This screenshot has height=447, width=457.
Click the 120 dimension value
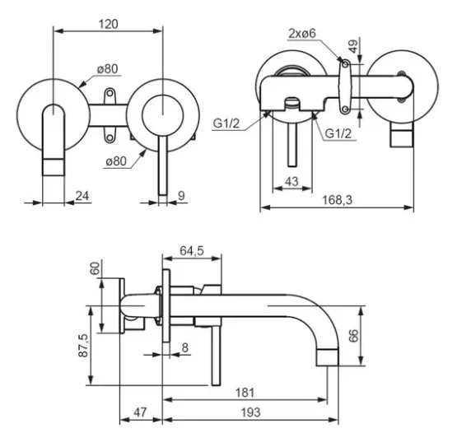tap(109, 24)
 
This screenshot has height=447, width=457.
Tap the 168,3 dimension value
tap(338, 200)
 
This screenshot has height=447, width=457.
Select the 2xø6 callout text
tap(302, 34)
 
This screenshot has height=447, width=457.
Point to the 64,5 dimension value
tap(192, 250)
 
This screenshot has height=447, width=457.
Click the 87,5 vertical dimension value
tap(83, 345)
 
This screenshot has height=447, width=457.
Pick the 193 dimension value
tap(250, 412)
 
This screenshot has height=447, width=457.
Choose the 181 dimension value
tap(245, 393)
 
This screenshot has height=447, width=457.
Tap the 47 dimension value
tap(140, 412)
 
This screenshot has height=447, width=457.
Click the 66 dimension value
tap(353, 336)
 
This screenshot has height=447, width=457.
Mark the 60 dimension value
tap(95, 268)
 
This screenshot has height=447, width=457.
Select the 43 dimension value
tap(291, 182)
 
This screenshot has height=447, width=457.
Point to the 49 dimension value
tap(353, 46)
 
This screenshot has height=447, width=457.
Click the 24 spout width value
tap(82, 196)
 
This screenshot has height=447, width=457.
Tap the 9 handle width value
tap(181, 196)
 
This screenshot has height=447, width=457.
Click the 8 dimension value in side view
tap(184, 347)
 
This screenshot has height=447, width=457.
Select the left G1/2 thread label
tap(226, 123)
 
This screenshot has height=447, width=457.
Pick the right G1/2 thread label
tap(338, 133)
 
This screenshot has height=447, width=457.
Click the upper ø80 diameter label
tap(108, 69)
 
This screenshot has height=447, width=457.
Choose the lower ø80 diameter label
tap(116, 161)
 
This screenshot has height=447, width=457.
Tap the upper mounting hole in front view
tap(110, 93)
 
